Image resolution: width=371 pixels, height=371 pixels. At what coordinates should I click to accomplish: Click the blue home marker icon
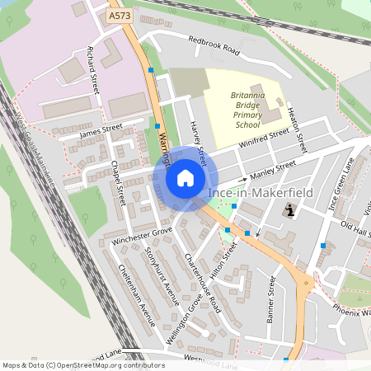185,178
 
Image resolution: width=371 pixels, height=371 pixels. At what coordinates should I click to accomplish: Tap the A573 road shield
120,15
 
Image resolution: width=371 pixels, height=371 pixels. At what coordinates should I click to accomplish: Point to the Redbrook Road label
213,46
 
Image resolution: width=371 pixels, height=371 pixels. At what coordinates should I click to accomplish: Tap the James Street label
101,131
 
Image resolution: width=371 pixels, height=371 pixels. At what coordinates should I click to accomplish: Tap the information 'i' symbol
289,211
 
